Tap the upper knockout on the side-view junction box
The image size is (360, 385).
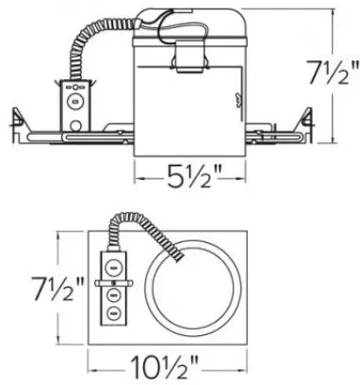click(x=74, y=94)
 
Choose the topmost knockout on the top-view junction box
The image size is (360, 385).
click(x=111, y=265)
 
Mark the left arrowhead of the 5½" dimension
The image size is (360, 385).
click(x=138, y=173)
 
